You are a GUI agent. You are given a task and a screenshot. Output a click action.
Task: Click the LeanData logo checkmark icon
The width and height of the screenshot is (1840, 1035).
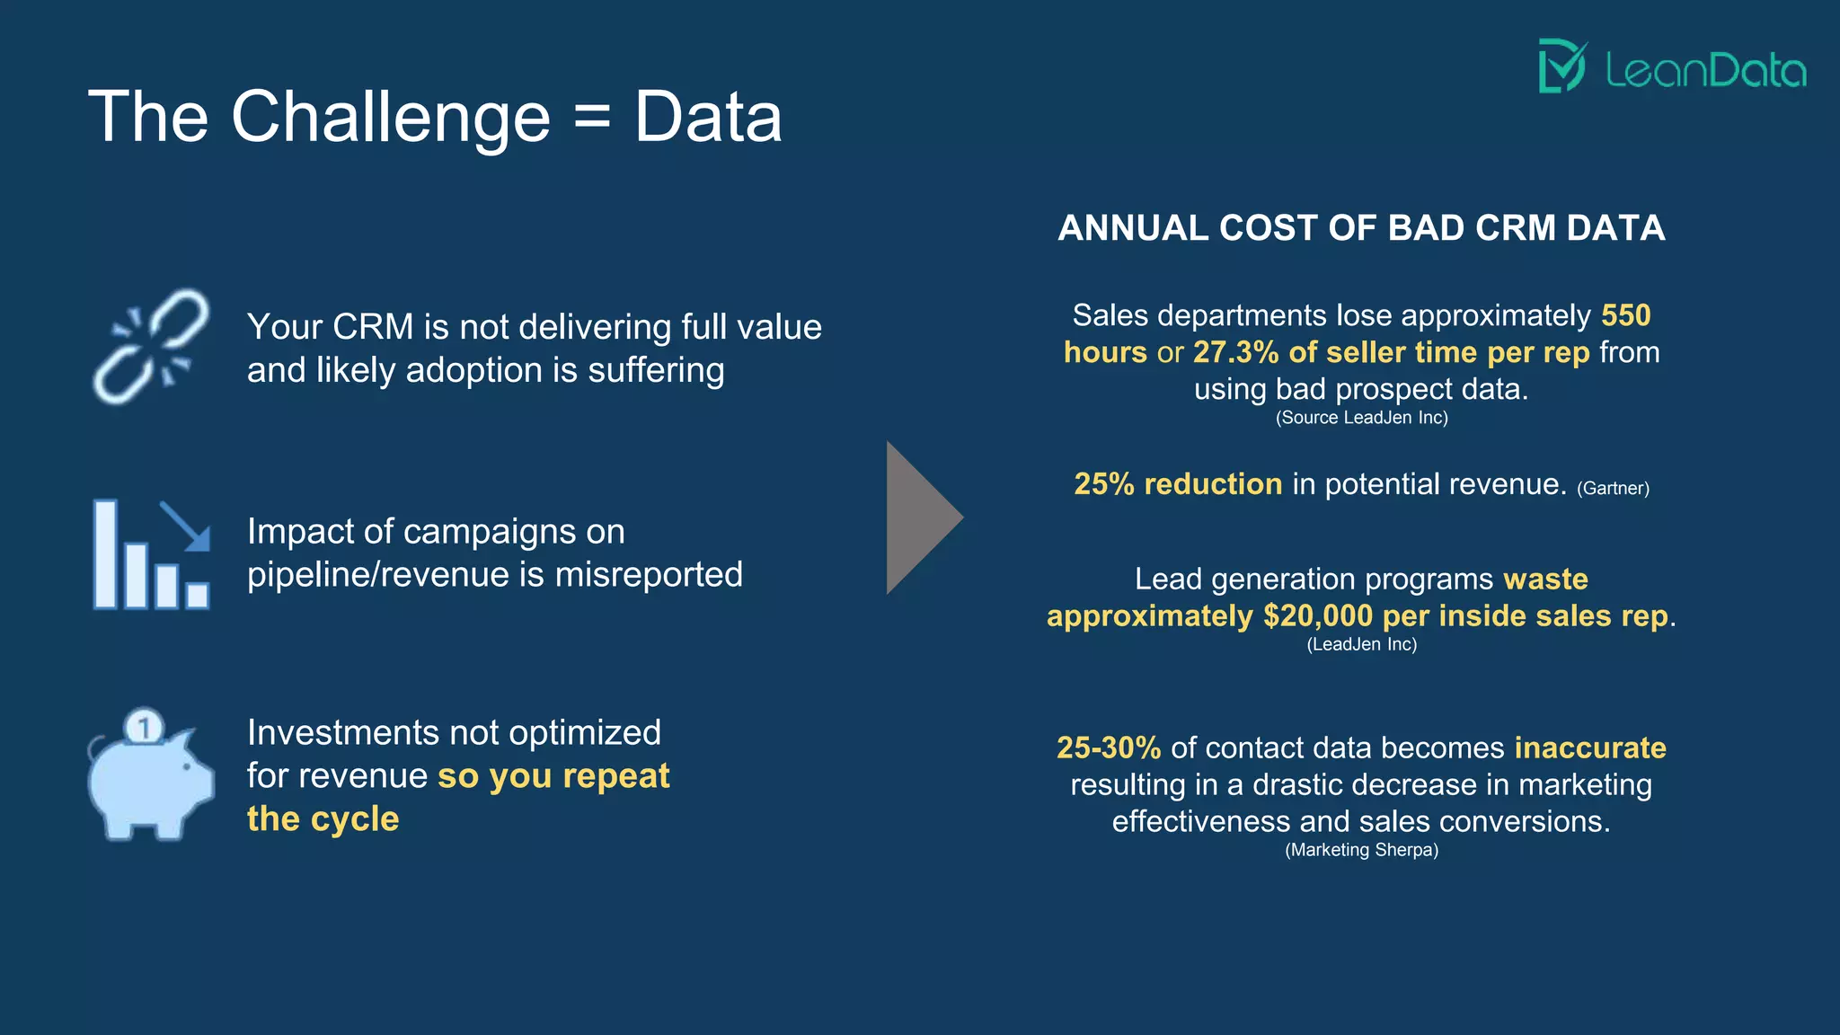pos(1562,66)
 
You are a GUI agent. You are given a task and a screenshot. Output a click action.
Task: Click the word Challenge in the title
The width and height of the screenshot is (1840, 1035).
pos(391,118)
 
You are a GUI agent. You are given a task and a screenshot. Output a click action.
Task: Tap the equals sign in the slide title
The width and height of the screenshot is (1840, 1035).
pos(591,117)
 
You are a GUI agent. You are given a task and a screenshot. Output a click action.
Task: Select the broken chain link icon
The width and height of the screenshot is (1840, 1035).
pos(151,346)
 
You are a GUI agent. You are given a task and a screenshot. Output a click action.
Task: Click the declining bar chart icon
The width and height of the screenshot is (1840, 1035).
pos(151,554)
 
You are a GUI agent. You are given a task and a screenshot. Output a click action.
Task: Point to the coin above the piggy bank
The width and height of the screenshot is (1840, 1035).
pos(144,726)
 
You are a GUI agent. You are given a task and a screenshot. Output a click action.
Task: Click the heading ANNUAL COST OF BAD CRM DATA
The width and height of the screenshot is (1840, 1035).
pos(1361,228)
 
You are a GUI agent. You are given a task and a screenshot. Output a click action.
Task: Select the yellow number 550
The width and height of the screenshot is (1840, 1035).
pos(1625,315)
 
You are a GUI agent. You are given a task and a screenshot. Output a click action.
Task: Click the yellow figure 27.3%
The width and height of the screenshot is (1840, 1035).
pos(1235,352)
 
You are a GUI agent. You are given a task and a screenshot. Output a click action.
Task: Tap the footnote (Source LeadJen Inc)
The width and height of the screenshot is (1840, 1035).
pos(1361,418)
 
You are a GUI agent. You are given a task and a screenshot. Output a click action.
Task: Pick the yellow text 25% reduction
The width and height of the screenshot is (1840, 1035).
pos(1178,484)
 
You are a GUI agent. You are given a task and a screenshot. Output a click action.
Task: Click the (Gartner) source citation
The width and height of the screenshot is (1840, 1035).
pos(1613,489)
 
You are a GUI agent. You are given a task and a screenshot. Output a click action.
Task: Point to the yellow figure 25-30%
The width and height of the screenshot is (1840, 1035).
pos(1109,747)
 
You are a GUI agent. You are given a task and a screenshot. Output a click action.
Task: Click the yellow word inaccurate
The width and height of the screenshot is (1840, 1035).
pos(1589,747)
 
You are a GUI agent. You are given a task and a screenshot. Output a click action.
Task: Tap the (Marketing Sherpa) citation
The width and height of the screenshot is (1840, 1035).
pos(1361,850)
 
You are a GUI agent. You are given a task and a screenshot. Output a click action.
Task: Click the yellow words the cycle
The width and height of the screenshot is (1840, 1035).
pos(323,818)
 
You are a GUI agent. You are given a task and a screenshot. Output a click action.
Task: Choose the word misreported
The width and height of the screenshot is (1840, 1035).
pos(648,575)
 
